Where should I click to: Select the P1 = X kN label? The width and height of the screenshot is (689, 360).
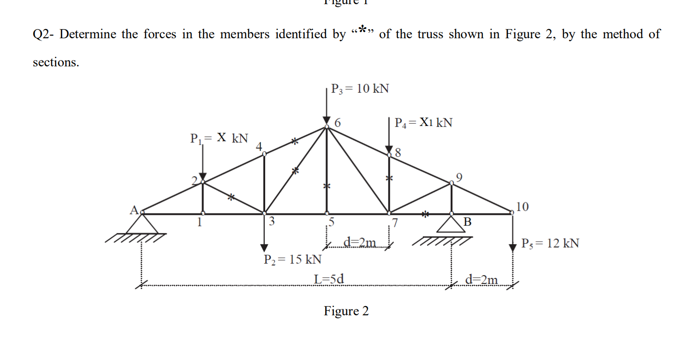tap(219, 138)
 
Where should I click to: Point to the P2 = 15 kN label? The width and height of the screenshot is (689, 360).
tap(292, 259)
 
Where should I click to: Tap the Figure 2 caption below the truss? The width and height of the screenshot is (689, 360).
tap(346, 311)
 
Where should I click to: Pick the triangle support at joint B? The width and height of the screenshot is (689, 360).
tap(451, 224)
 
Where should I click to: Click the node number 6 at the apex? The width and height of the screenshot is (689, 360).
tap(338, 123)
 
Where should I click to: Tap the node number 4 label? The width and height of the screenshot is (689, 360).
tap(259, 147)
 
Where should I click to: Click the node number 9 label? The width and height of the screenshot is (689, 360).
tap(458, 177)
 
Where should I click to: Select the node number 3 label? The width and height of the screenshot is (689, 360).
tap(272, 222)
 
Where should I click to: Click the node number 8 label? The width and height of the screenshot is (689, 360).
tap(398, 153)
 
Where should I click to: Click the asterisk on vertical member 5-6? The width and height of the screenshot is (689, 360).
tap(326, 186)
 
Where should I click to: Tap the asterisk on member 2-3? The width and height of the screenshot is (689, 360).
tap(232, 197)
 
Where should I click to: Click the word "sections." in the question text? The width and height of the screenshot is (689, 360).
tap(56, 62)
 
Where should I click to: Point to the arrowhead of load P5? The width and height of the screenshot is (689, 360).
tap(512, 248)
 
